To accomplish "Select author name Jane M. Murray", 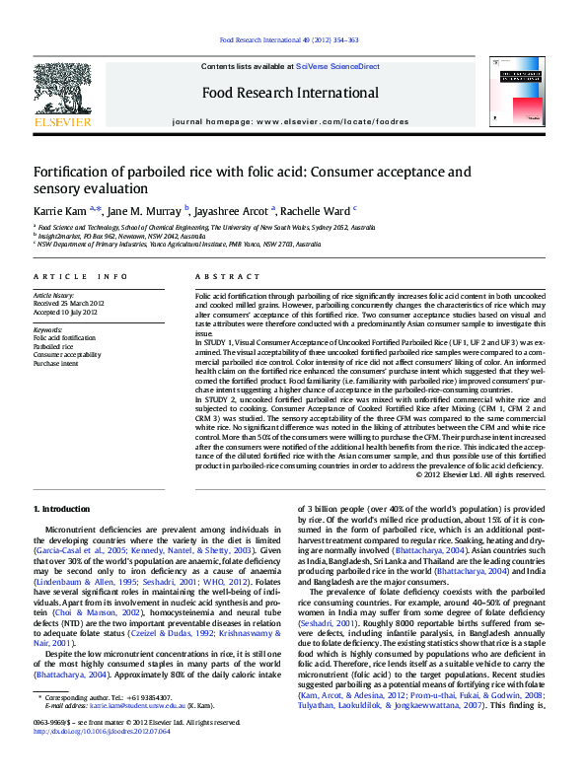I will point(144,210).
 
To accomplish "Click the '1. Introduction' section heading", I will point(62,508).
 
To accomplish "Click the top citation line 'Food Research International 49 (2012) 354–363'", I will point(288,40).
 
